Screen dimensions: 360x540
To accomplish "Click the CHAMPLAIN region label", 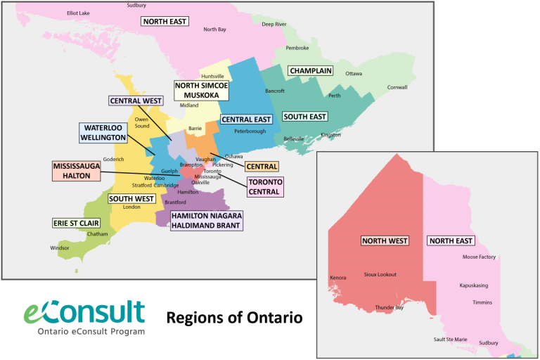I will tap(309, 71).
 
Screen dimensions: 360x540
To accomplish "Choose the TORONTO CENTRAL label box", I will tap(264, 186).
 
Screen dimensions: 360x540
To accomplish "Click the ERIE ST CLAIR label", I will tap(76, 223).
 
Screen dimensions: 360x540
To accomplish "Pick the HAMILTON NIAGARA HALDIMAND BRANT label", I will tap(206, 220).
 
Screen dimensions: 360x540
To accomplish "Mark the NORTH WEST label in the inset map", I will tap(385, 240).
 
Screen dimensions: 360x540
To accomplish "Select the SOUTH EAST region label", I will tap(304, 117).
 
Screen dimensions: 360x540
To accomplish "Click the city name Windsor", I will tap(60, 248).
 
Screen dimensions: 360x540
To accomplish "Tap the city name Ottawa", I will tap(354, 74).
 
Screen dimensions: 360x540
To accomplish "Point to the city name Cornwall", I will tap(397, 87).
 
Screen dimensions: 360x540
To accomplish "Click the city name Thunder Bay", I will tap(389, 307).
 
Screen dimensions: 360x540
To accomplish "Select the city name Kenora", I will tap(337, 278).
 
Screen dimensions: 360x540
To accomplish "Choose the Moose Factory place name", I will tap(479, 257).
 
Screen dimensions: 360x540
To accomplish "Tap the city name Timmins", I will tap(482, 302).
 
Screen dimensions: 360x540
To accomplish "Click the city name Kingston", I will tap(330, 134).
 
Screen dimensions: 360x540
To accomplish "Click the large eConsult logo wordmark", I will tap(84, 312).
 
